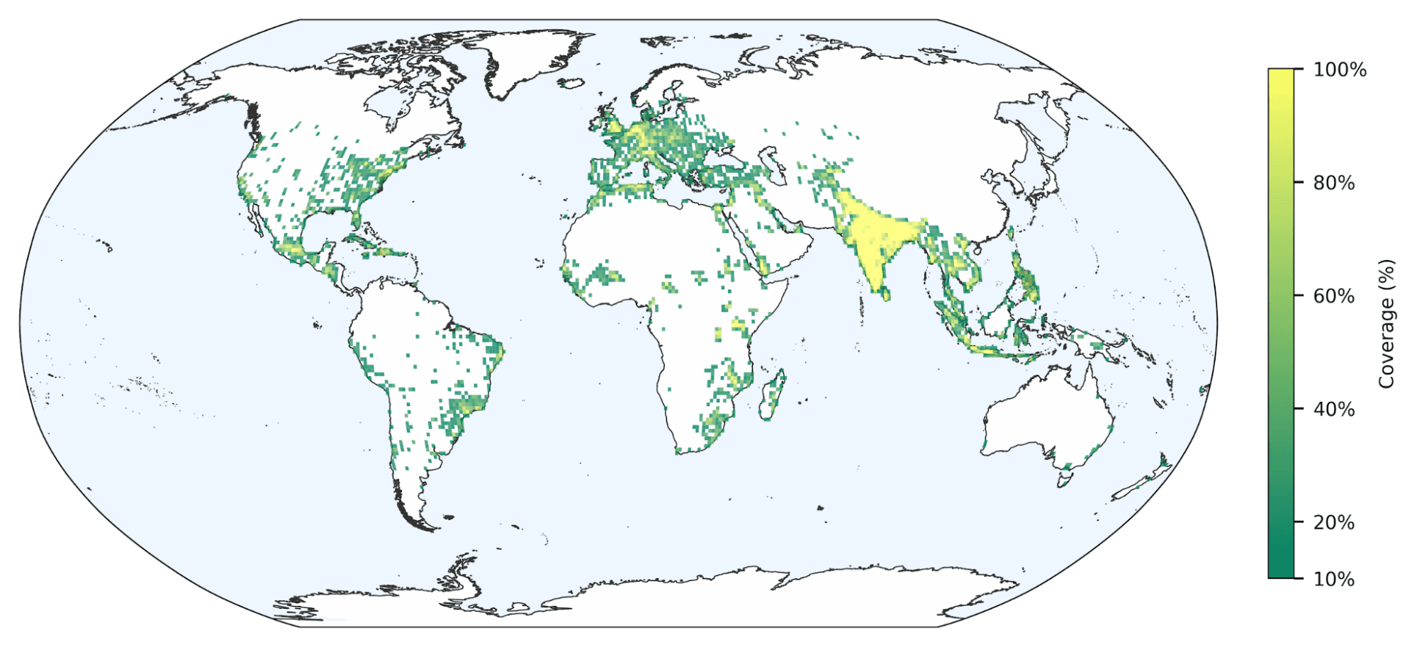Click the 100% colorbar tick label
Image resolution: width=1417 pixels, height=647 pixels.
point(1339,69)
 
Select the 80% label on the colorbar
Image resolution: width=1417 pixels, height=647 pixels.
point(1333,183)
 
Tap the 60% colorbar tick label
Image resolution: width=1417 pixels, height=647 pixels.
point(1333,296)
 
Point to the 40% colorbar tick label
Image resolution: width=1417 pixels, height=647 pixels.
point(1333,409)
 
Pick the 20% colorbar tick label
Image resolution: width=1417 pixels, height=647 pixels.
point(1333,522)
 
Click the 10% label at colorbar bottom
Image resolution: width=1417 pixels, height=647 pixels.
point(1333,579)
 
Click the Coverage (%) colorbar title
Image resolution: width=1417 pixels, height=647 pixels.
point(1386,323)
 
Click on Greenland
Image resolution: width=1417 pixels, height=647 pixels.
point(525,60)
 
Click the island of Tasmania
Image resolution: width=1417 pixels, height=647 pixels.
point(1064,479)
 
